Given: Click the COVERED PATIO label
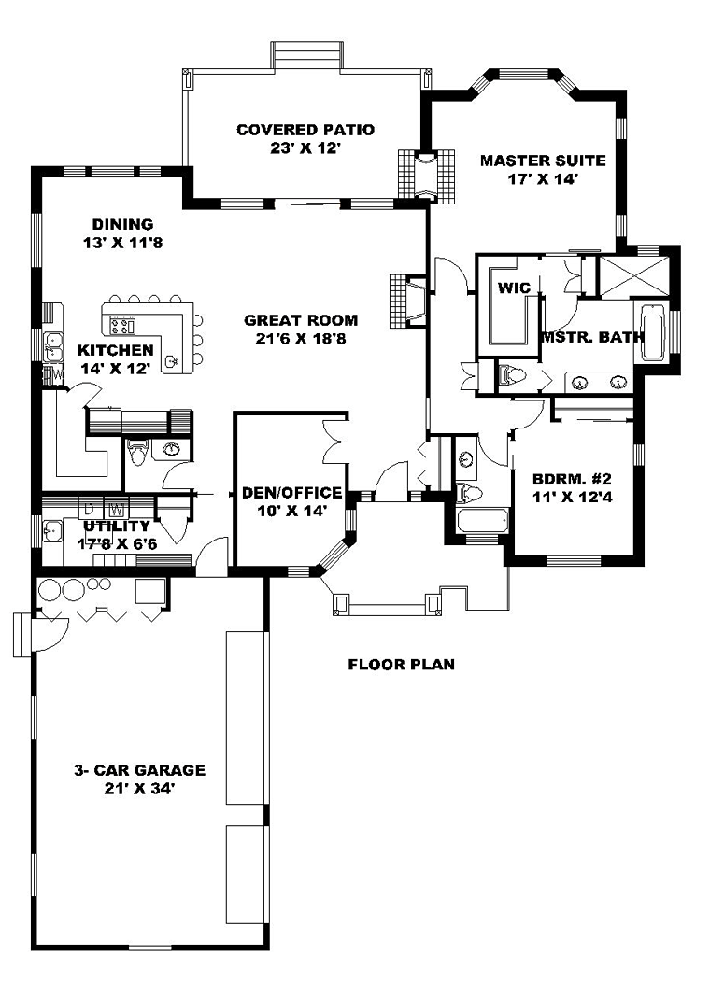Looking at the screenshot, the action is coord(305,130).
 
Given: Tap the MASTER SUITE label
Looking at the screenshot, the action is coord(543,161).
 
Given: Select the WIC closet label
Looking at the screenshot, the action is coord(514,288).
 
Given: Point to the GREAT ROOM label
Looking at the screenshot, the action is coord(301,320).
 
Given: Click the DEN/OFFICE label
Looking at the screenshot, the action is coord(292,493).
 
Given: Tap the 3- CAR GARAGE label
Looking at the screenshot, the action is coord(139,770).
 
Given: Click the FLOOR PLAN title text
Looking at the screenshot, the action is coord(402,664).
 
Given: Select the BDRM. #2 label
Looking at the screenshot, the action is coord(572,480).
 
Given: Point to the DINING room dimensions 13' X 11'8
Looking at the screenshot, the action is coord(123,243).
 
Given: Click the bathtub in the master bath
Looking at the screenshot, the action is coord(652,331).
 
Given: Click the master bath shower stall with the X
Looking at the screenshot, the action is coord(633,275).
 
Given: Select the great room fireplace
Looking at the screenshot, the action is coord(407,301).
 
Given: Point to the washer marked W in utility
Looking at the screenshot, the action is coord(115,506).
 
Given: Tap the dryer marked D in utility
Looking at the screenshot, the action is coord(89,506).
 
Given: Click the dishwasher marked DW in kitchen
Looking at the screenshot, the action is coord(53,375).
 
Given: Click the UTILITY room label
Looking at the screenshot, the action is coord(117,526).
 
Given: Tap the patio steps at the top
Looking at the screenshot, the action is coord(308,53).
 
